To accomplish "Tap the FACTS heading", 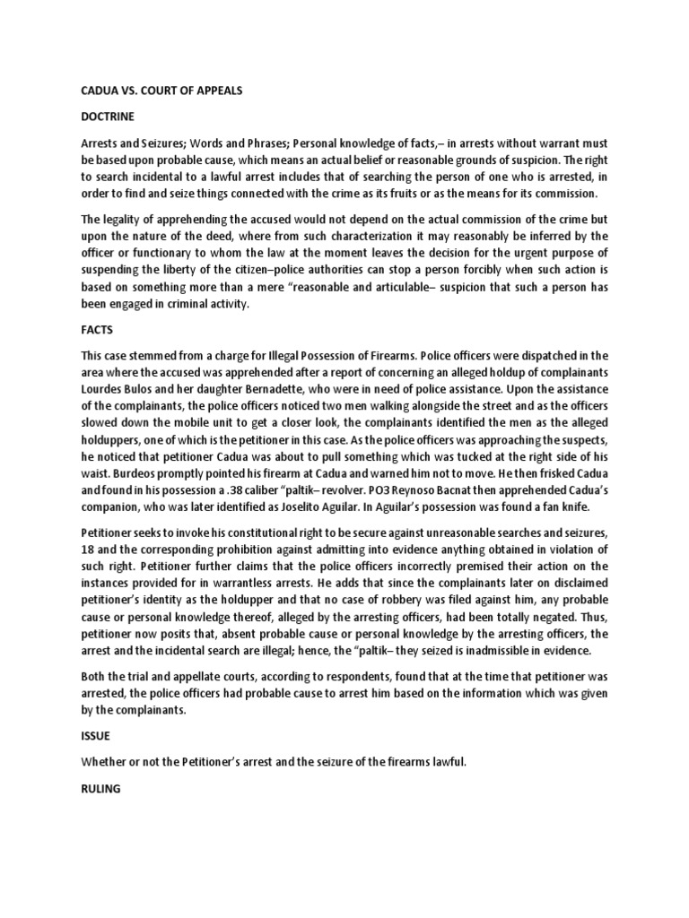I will [x=98, y=329].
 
